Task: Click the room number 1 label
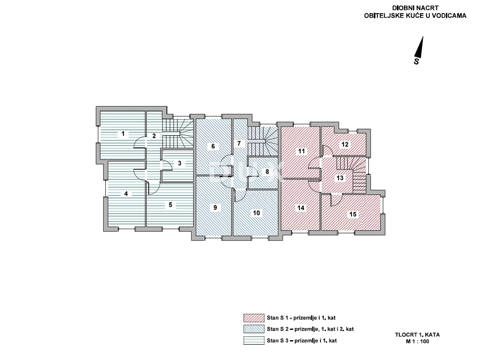(x=123, y=134)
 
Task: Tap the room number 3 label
(x=179, y=163)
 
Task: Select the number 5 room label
(x=170, y=205)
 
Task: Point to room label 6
(x=213, y=146)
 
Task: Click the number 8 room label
(x=267, y=172)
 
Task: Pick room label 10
(x=256, y=213)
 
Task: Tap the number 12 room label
(x=345, y=144)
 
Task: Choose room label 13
(x=340, y=178)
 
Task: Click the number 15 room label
(x=353, y=214)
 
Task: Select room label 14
(x=301, y=207)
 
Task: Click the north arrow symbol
(x=420, y=47)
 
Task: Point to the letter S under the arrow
(x=417, y=61)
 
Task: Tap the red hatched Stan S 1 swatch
(x=254, y=318)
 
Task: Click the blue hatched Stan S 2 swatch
(x=254, y=329)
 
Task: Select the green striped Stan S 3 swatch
(x=254, y=341)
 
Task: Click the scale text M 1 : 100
(x=417, y=341)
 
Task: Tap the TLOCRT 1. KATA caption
(x=417, y=334)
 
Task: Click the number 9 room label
(x=215, y=207)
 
